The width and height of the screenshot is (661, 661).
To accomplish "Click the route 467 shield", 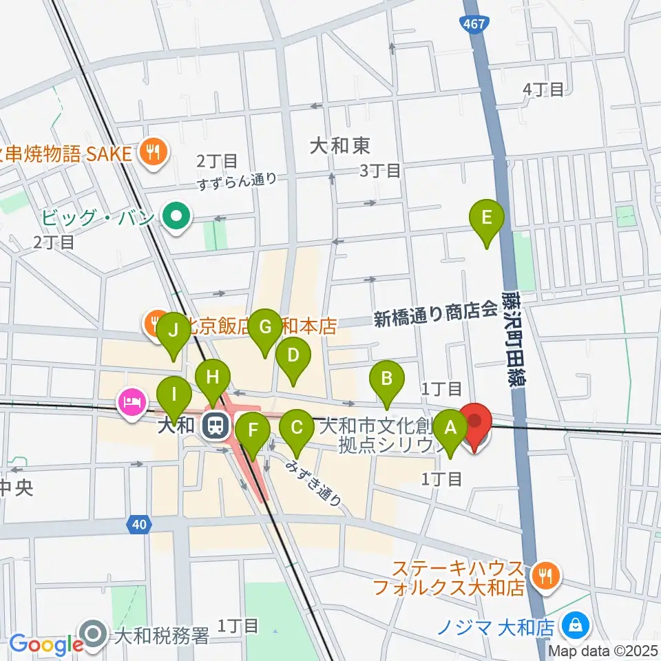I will [473, 23].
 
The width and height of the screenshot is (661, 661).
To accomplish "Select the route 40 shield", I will [140, 525].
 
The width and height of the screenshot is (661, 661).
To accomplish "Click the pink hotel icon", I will [131, 400].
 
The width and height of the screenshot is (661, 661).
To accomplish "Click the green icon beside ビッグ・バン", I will [176, 218].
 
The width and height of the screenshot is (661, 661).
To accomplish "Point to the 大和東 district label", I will [339, 145].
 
